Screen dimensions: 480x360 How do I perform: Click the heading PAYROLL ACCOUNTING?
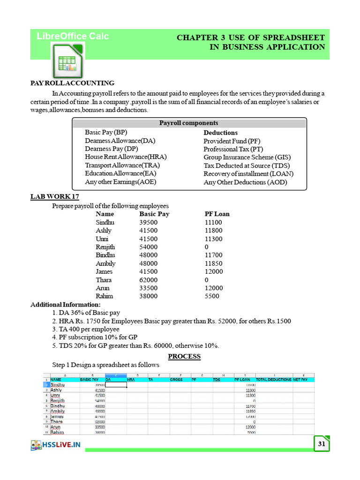tap(72, 83)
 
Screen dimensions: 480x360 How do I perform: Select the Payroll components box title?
tap(188, 123)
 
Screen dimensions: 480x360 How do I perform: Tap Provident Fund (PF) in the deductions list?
tap(232, 141)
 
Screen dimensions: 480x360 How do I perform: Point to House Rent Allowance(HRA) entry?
tap(126, 157)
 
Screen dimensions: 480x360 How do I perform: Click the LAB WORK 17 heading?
tap(58, 197)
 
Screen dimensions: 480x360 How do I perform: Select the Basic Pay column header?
tap(154, 214)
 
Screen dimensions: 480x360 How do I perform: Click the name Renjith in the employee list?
tap(105, 247)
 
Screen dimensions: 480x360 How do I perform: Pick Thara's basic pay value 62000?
tap(149, 280)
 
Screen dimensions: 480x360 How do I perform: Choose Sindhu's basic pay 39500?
tap(149, 223)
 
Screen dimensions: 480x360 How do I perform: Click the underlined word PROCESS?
tap(184, 356)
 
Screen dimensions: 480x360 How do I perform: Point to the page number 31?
tap(321, 443)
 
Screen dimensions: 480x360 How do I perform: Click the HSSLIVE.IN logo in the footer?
tap(56, 445)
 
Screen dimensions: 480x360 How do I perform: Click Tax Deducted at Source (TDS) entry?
tap(247, 165)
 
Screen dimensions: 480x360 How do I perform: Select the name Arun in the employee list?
tap(102, 288)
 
